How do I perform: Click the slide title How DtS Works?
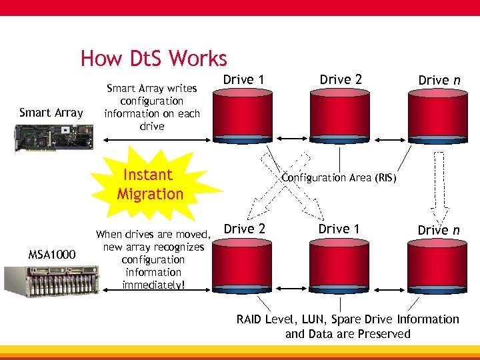click(153, 59)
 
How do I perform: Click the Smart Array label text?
click(51, 113)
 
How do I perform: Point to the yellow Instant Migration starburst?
click(150, 185)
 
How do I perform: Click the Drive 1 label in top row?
click(243, 80)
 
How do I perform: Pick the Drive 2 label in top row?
click(341, 80)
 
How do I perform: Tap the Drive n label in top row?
click(439, 80)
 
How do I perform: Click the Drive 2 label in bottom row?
click(244, 229)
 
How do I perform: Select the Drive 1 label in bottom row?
click(339, 229)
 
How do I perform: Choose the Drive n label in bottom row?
click(438, 230)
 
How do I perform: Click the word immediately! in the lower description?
click(153, 285)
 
